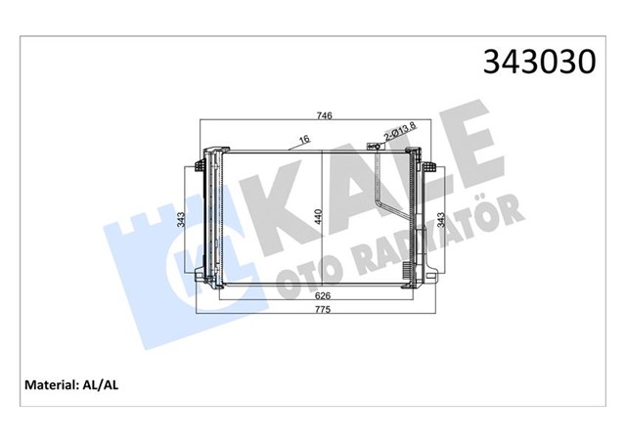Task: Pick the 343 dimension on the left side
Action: tap(181, 219)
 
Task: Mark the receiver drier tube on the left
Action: tap(208, 215)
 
